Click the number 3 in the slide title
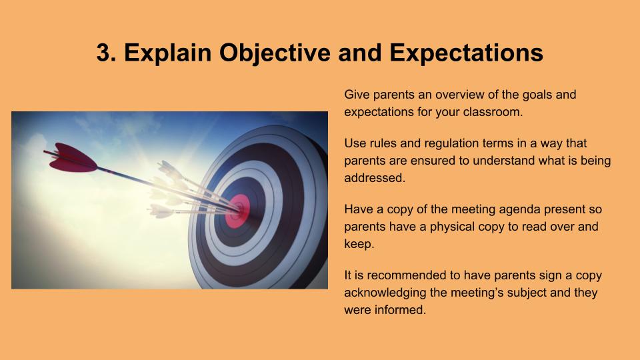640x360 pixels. tap(104, 53)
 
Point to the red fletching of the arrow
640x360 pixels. tap(73, 158)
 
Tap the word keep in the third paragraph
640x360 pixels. tap(358, 244)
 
